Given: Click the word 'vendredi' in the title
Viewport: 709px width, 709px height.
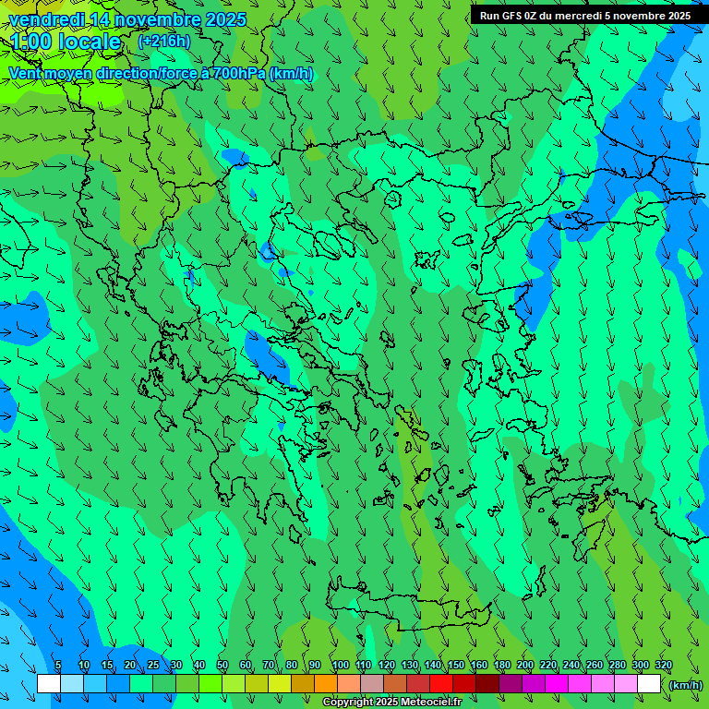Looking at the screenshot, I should (x=46, y=19).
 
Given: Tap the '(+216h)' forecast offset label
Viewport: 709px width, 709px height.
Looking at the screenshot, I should (x=163, y=41).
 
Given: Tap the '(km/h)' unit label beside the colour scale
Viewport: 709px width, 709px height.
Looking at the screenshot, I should (x=685, y=684).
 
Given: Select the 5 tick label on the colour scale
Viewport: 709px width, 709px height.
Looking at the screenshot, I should (x=58, y=666).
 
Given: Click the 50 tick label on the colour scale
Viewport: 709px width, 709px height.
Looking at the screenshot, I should (x=222, y=666).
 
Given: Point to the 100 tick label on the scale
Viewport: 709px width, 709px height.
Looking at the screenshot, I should (x=340, y=666).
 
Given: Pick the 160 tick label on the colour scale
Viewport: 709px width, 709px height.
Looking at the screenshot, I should (x=479, y=666).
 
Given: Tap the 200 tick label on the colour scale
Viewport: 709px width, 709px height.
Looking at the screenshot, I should (x=525, y=666).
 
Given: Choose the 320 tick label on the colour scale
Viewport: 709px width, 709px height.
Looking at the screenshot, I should (x=664, y=666).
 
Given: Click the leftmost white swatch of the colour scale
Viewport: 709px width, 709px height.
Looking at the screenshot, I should (x=49, y=684).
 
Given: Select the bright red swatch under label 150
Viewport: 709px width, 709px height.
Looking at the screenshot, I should (x=441, y=684).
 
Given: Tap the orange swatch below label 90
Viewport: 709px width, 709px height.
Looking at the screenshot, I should (x=326, y=684).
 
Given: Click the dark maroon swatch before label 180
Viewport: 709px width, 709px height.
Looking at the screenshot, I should (x=487, y=684).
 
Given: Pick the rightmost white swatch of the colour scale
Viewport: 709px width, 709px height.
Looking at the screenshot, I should (x=649, y=684).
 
